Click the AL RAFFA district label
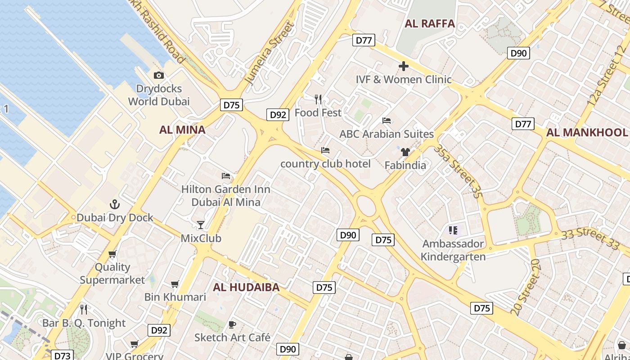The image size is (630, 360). point(430,24)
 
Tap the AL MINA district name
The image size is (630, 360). point(182,130)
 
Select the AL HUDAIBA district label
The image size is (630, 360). point(246,287)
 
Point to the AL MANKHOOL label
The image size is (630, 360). point(587,132)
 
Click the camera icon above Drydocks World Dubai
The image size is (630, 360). point(159,76)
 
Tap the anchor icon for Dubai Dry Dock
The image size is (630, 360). point(115,204)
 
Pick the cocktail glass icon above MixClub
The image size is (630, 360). point(201,225)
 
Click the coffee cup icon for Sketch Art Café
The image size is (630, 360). point(232,324)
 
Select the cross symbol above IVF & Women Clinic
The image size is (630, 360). point(404,67)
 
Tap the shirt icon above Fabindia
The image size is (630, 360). point(405,152)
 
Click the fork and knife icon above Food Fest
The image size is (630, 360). point(318,99)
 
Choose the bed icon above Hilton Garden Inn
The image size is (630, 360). point(226,175)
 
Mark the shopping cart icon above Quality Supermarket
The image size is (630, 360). point(112,254)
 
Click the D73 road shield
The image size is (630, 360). point(62,355)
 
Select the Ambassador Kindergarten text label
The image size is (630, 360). point(453,250)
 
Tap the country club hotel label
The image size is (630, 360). point(325,164)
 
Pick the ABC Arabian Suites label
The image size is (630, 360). point(387,134)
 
